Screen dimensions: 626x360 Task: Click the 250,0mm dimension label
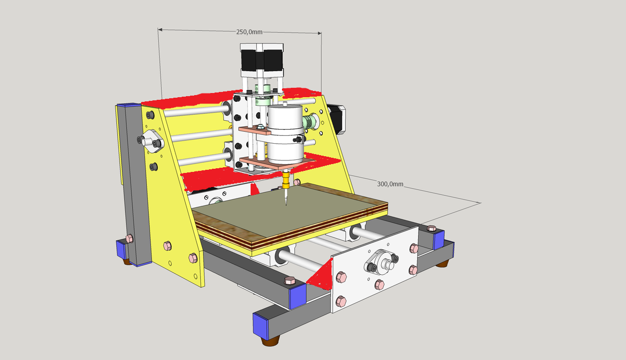click(249, 32)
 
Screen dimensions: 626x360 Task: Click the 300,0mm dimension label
click(390, 184)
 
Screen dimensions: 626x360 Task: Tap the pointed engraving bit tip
click(286, 205)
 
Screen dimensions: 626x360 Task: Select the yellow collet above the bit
click(286, 181)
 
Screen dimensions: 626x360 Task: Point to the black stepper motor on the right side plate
click(337, 119)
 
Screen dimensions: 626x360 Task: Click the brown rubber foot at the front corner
click(270, 341)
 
